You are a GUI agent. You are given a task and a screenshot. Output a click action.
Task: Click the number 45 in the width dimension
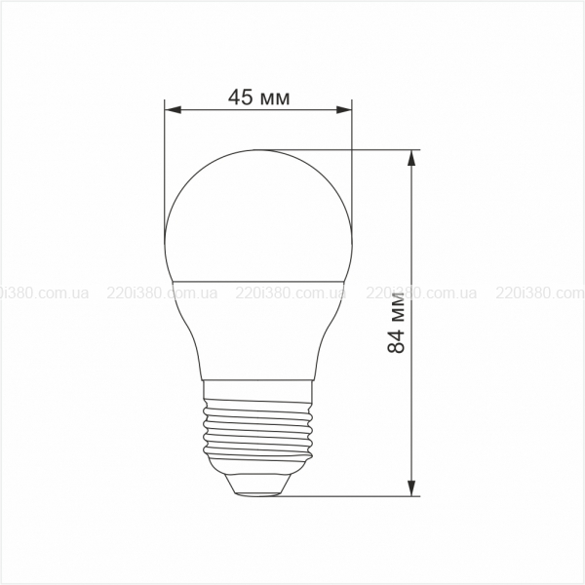[x=240, y=97]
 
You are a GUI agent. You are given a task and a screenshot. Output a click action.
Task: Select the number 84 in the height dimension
[x=396, y=340]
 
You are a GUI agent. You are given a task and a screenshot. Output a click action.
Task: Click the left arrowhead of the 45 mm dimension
[x=173, y=109]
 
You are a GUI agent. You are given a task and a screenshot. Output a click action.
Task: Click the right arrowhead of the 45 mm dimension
[x=343, y=109]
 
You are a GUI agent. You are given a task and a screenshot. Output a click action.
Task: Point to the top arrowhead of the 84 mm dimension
[x=411, y=158]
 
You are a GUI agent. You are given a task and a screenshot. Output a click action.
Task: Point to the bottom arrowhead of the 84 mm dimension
[x=411, y=488]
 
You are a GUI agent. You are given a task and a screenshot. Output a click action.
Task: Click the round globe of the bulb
[x=258, y=216]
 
